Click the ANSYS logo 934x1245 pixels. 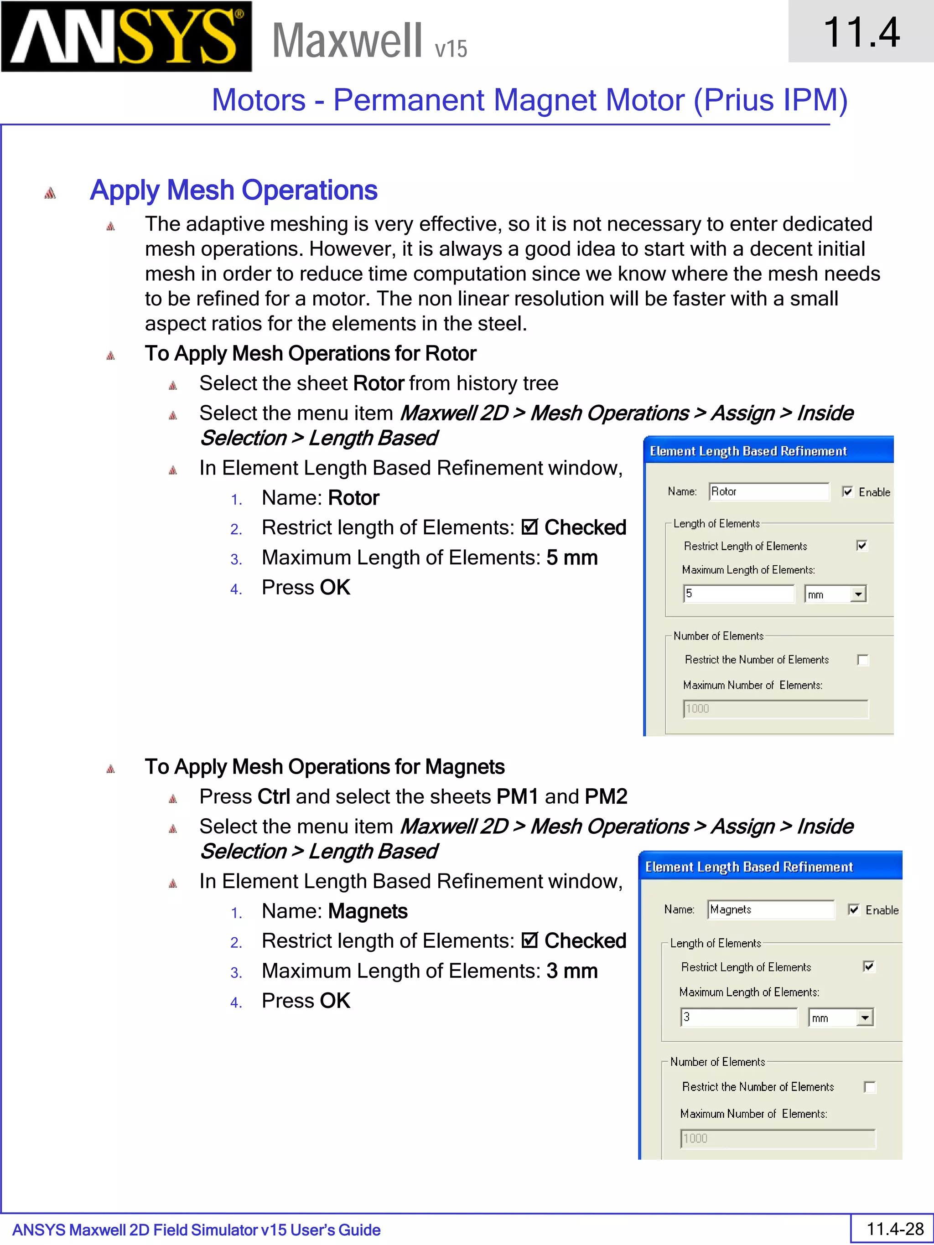pyautogui.click(x=126, y=36)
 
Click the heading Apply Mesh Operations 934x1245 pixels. pyautogui.click(x=233, y=190)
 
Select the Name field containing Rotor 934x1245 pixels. pyautogui.click(x=768, y=491)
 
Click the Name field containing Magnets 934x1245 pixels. pyautogui.click(x=770, y=909)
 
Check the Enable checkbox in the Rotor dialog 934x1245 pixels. pyautogui.click(x=848, y=491)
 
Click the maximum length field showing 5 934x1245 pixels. pyautogui.click(x=738, y=594)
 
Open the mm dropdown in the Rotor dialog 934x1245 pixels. pyautogui.click(x=857, y=594)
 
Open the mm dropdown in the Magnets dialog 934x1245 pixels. pyautogui.click(x=865, y=1018)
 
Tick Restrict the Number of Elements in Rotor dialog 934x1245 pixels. pyautogui.click(x=862, y=660)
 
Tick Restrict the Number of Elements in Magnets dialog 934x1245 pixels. pyautogui.click(x=869, y=1087)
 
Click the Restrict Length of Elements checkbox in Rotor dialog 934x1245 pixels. pyautogui.click(x=861, y=545)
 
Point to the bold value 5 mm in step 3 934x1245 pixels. pyautogui.click(x=571, y=558)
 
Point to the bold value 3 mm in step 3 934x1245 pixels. pyautogui.click(x=571, y=971)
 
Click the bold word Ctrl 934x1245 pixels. pyautogui.click(x=274, y=797)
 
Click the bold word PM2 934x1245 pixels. pyautogui.click(x=606, y=797)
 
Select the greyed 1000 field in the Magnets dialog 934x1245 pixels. pyautogui.click(x=777, y=1139)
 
